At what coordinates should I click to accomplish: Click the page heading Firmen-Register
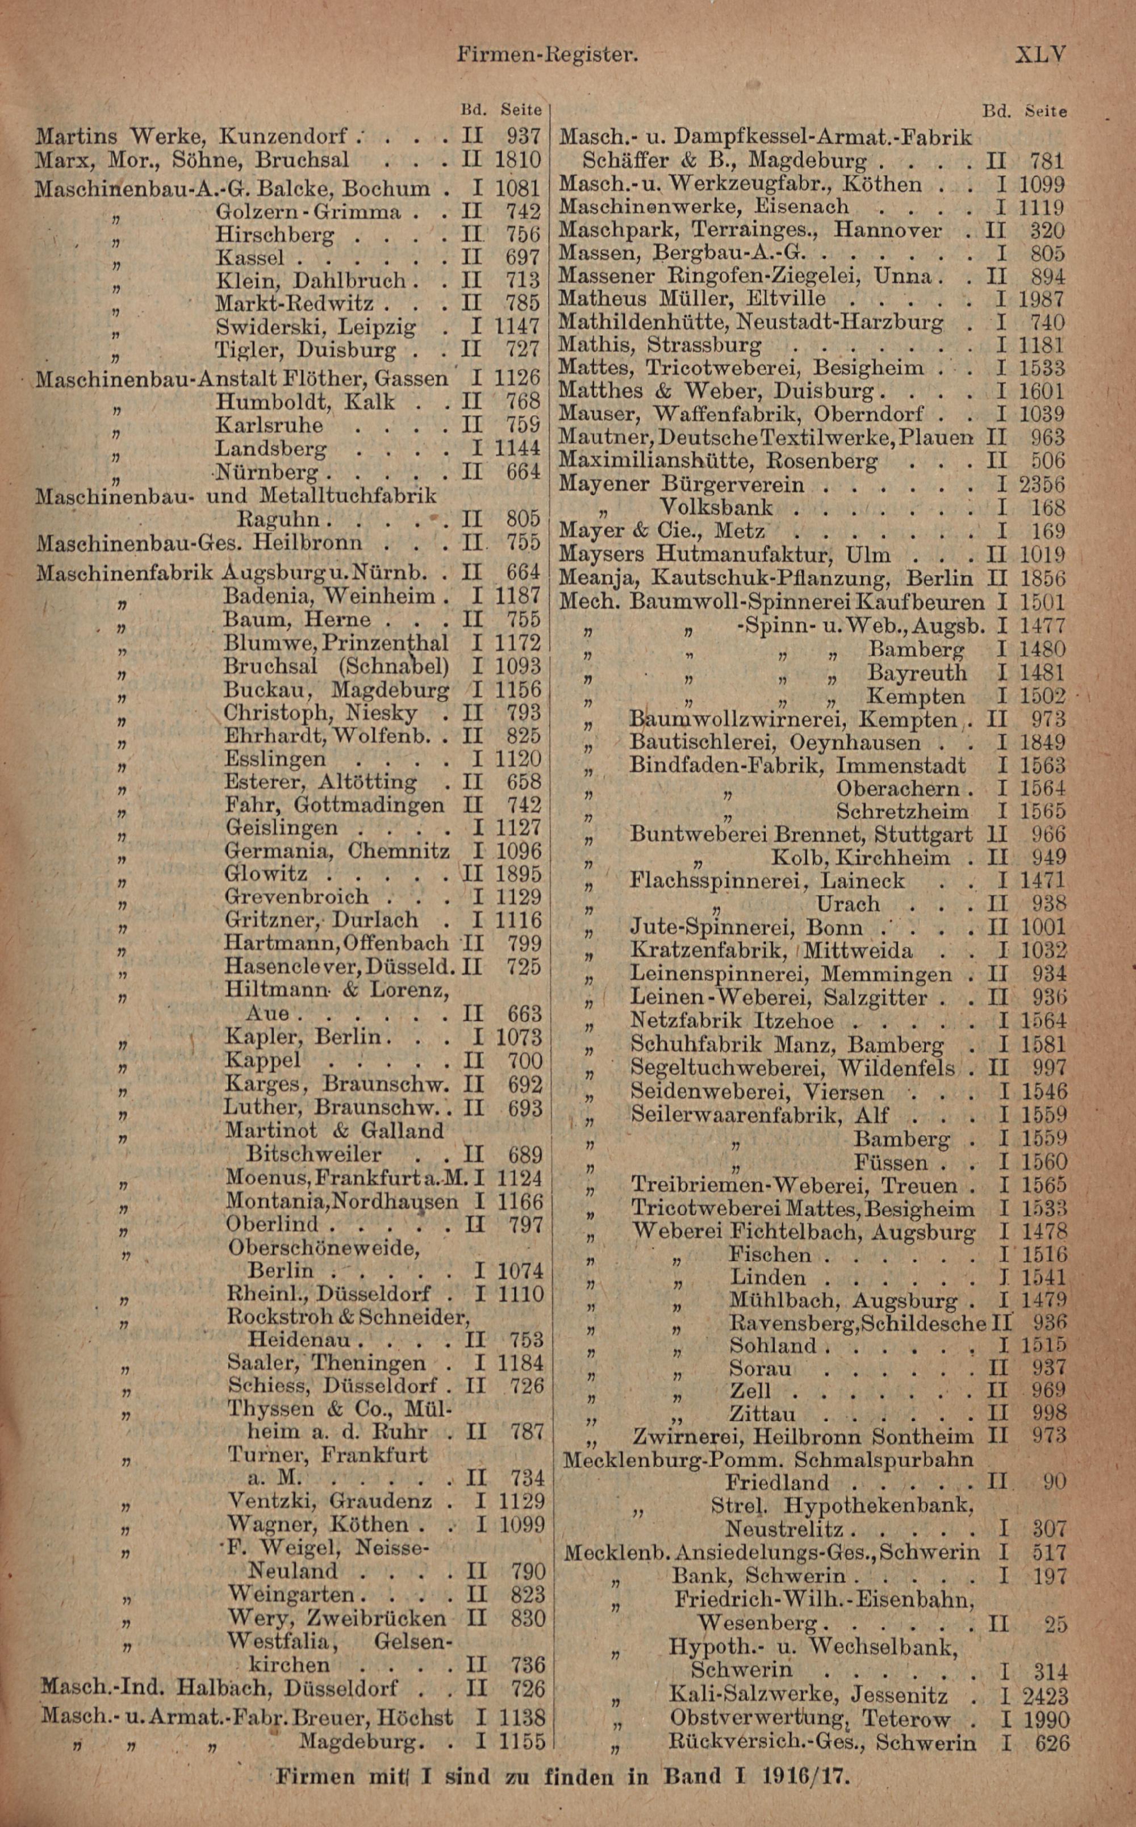(x=548, y=55)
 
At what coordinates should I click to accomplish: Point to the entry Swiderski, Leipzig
(x=316, y=327)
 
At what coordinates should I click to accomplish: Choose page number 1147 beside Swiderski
(x=517, y=327)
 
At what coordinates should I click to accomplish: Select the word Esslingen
(x=275, y=759)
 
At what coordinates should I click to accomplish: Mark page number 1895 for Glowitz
(x=519, y=874)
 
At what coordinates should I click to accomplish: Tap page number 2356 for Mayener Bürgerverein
(x=1042, y=485)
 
